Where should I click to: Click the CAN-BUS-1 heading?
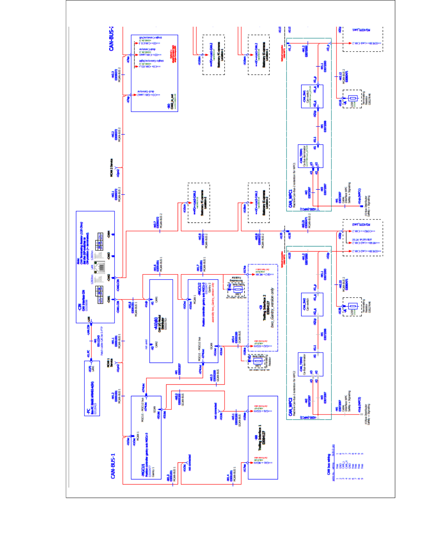[x=113, y=466]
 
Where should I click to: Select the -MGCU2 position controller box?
[x=203, y=321]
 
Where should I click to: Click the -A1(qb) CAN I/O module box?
[x=161, y=321]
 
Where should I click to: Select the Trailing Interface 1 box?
[x=262, y=437]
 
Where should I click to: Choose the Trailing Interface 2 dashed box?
[x=263, y=308]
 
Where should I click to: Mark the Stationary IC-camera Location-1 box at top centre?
[x=214, y=55]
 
